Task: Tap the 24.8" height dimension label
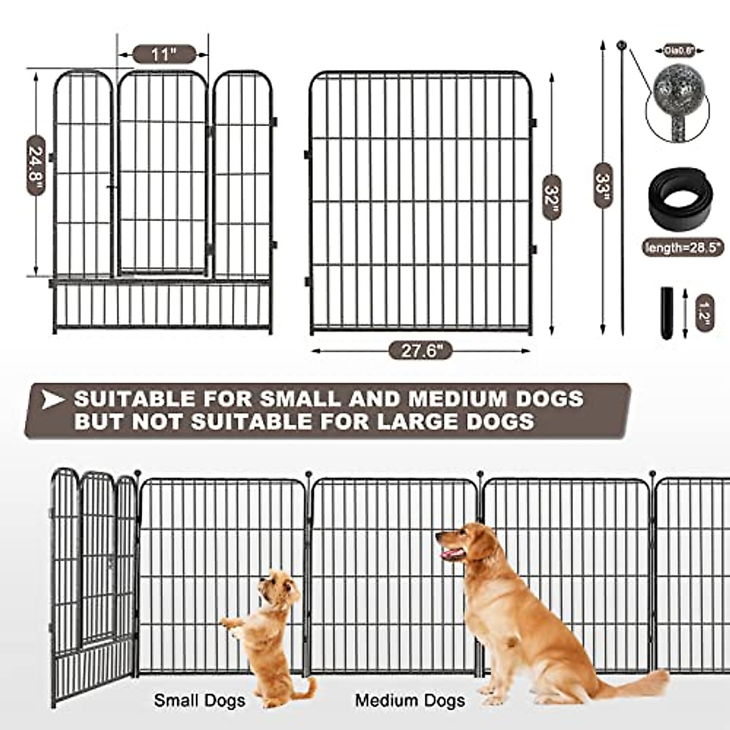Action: click(36, 165)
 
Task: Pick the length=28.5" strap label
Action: click(683, 247)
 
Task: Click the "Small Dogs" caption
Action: click(200, 700)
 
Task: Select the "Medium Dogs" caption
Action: click(411, 700)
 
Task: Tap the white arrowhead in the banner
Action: click(54, 400)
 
